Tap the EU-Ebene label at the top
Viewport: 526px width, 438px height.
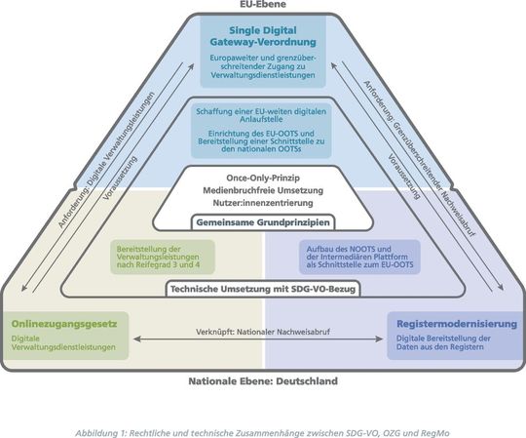(x=263, y=5)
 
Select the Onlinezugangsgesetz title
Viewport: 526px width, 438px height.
(x=66, y=323)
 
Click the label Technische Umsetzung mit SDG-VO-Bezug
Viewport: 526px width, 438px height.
(x=263, y=290)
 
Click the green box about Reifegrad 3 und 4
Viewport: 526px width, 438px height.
(x=160, y=257)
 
